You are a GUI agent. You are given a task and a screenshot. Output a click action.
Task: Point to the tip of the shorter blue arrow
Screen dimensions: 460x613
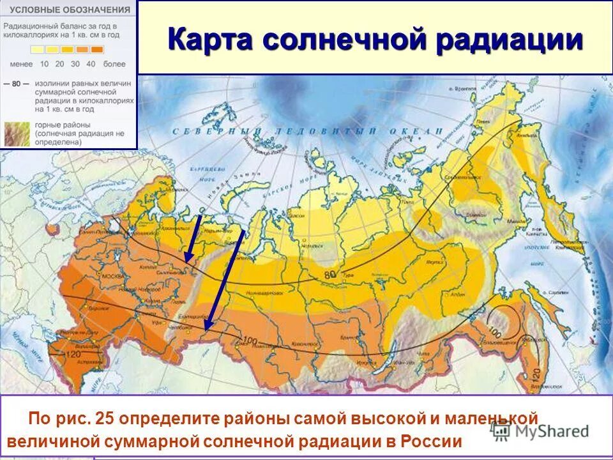[x=186, y=261]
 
